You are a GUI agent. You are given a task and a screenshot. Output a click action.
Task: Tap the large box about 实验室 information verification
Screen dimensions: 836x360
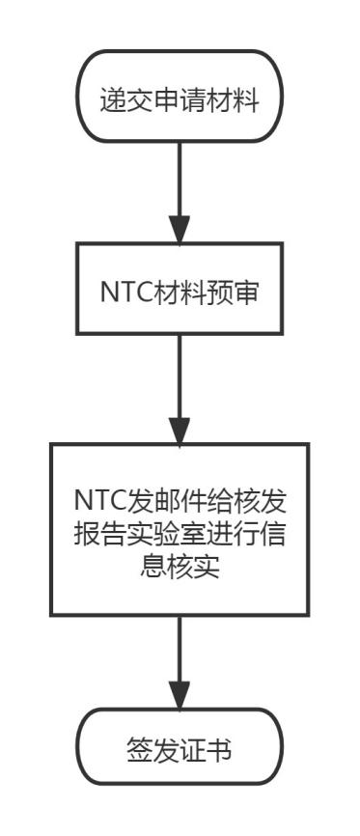click(180, 528)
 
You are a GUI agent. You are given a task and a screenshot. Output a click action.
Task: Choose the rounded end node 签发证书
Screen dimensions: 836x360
click(180, 747)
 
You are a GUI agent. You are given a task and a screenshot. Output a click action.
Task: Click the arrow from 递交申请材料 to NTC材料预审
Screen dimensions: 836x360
click(180, 188)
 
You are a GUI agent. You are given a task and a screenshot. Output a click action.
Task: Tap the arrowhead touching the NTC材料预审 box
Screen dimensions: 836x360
click(180, 232)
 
